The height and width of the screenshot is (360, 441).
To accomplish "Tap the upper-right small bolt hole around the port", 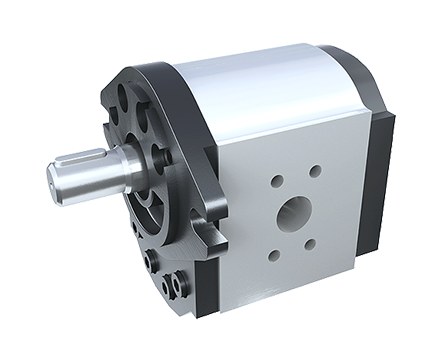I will coord(315,171).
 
